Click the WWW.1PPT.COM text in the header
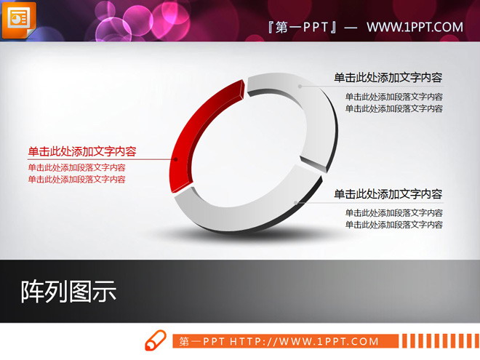pyautogui.click(x=415, y=28)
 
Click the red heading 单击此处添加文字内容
pyautogui.click(x=82, y=151)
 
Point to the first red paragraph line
pyautogui.click(x=76, y=167)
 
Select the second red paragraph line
pyautogui.click(x=76, y=179)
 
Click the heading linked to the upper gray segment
pyautogui.click(x=388, y=78)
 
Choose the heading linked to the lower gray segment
pyautogui.click(x=388, y=194)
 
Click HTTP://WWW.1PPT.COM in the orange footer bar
pyautogui.click(x=305, y=341)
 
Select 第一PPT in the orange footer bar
pyautogui.click(x=203, y=341)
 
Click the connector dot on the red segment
pyautogui.click(x=175, y=159)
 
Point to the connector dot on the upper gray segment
pyautogui.click(x=299, y=86)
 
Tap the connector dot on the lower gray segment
pyautogui.click(x=296, y=203)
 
